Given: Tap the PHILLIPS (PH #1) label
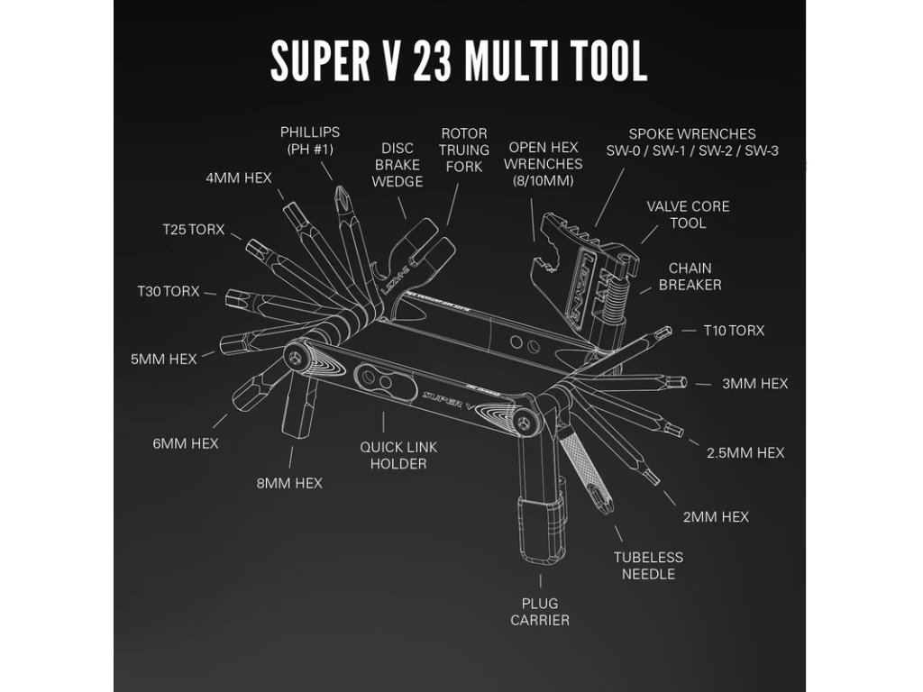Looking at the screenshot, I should click(310, 141).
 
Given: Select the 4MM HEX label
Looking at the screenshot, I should click(239, 178).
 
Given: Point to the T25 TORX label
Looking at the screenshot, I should click(193, 229).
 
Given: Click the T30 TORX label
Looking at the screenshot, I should click(168, 291).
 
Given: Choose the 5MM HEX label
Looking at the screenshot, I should click(163, 359).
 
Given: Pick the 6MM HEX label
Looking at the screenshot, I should click(186, 443).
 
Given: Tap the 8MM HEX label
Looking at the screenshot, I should click(288, 483).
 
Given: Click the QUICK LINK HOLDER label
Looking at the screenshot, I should click(393, 455).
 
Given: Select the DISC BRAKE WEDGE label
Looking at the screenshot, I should click(398, 165).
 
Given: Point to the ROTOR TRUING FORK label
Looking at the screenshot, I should click(464, 149).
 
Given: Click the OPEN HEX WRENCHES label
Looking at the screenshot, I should click(544, 163).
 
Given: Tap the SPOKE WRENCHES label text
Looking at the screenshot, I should click(692, 142).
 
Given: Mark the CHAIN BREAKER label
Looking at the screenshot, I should click(690, 276).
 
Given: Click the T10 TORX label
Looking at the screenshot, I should click(734, 331).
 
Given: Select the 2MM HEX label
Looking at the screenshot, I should click(716, 516).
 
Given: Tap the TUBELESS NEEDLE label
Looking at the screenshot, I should click(648, 565).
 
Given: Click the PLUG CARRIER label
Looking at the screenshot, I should click(540, 611).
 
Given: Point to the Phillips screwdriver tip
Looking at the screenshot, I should click(342, 194).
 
